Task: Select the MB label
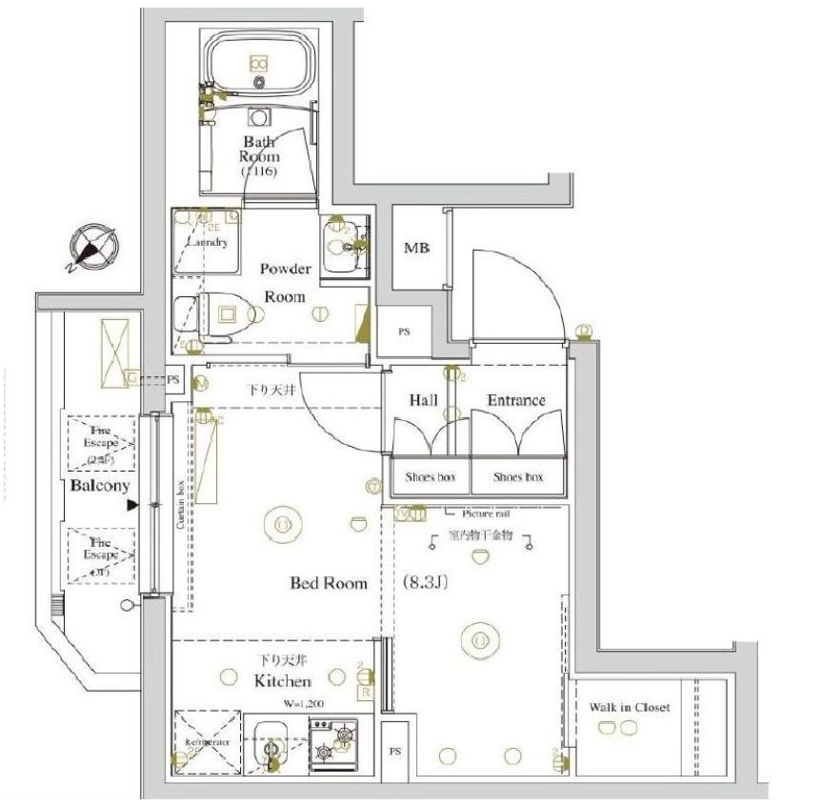pyautogui.click(x=416, y=249)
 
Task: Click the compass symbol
pyautogui.click(x=96, y=248)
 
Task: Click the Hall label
pyautogui.click(x=423, y=400)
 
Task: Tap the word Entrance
pyautogui.click(x=516, y=400)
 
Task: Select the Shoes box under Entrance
pyautogui.click(x=518, y=476)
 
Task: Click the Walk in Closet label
pyautogui.click(x=629, y=708)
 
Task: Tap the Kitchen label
pyautogui.click(x=282, y=681)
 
